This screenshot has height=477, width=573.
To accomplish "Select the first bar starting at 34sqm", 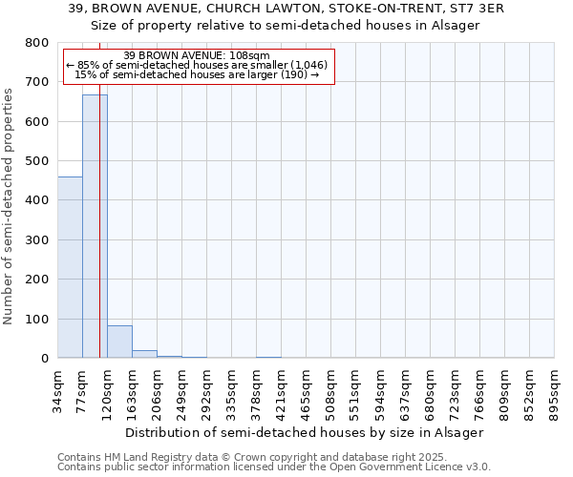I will coord(70,267).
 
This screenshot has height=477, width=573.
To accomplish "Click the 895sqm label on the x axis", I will coord(555,391).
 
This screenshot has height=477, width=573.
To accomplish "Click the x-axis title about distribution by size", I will coord(305,432).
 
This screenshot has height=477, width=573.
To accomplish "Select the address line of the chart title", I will coord(286,9).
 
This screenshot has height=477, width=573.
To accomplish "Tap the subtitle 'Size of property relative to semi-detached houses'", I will coord(286,25).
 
